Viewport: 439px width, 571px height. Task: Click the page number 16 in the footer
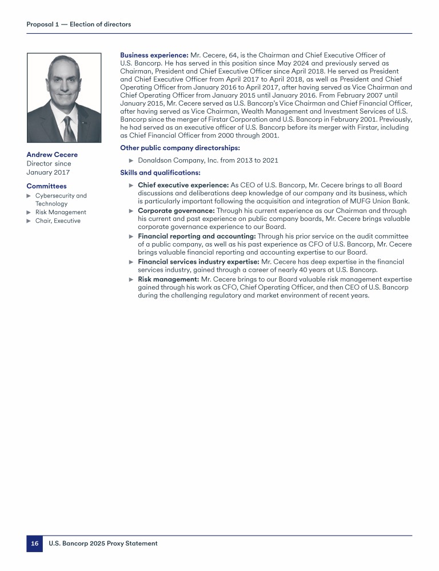[x=34, y=544]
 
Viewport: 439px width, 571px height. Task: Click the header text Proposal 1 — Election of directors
[x=79, y=25]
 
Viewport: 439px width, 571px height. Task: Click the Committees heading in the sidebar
[x=46, y=186]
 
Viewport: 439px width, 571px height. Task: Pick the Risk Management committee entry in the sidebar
[x=61, y=212]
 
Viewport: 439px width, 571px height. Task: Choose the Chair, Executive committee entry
[x=58, y=221]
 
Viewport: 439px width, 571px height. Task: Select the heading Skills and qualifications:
[x=160, y=172]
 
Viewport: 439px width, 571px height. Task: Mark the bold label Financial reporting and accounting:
[x=197, y=236]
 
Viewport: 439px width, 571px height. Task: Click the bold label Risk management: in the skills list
[x=167, y=279]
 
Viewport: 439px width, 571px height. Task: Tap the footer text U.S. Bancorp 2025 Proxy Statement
[x=103, y=544]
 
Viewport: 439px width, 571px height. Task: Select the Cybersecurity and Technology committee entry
[x=61, y=200]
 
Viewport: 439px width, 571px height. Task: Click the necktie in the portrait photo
[x=69, y=130]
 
